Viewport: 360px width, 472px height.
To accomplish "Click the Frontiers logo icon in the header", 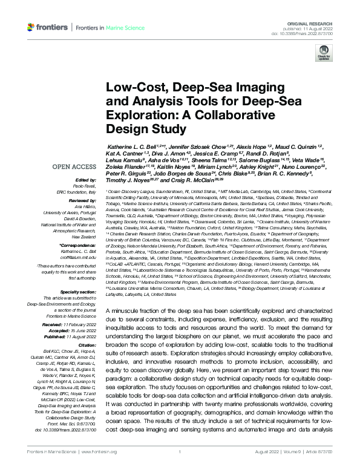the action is [x=31, y=27].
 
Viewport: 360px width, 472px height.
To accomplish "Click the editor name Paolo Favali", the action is [x=86, y=186].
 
